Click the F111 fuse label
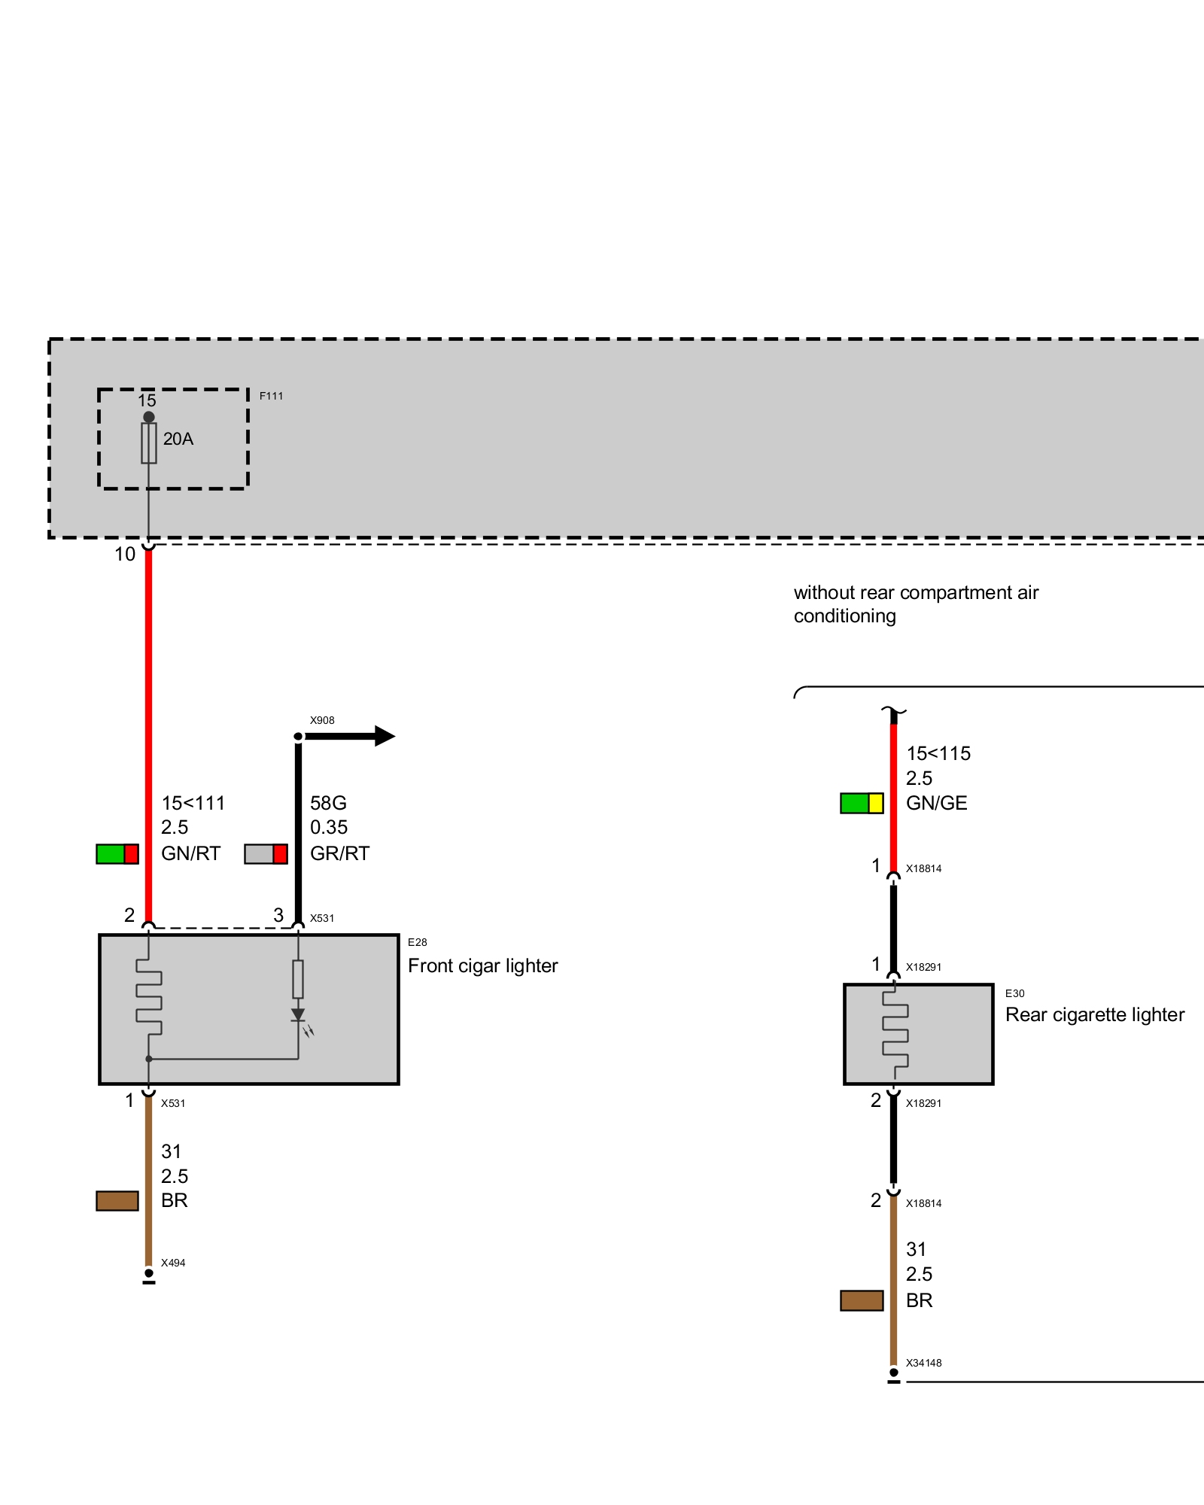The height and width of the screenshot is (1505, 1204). (271, 396)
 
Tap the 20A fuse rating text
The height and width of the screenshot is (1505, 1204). (178, 439)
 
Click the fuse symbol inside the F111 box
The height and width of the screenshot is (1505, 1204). (149, 443)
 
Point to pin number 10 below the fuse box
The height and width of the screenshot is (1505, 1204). (125, 555)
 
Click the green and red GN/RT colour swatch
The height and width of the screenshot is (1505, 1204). (117, 854)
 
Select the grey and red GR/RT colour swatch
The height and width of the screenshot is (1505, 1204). (266, 854)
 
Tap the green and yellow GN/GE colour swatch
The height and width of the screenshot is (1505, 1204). (862, 804)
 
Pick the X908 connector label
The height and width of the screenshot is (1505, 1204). (322, 720)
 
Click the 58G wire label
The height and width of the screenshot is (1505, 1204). (329, 803)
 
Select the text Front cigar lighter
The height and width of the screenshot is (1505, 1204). (483, 966)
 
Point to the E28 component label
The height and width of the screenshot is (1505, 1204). (418, 942)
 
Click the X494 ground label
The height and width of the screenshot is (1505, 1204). (173, 1263)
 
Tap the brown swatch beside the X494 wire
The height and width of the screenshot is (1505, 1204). (117, 1201)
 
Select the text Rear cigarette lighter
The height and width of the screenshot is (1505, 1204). (1095, 1015)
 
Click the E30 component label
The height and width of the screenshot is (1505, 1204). (1015, 993)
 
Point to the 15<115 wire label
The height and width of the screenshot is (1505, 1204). (938, 753)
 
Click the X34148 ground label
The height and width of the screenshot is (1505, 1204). (924, 1363)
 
